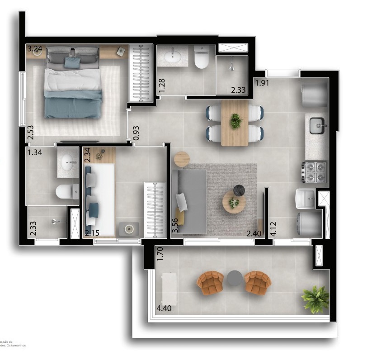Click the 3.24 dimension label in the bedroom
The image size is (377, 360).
pyautogui.click(x=34, y=49)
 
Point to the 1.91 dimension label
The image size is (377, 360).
pyautogui.click(x=262, y=83)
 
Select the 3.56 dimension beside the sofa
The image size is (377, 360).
pyautogui.click(x=175, y=225)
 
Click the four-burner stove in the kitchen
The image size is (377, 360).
pyautogui.click(x=314, y=172)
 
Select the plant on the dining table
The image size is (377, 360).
pyautogui.click(x=236, y=121)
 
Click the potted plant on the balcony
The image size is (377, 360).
pyautogui.click(x=316, y=298)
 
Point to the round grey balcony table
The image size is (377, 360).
pyautogui.click(x=235, y=278)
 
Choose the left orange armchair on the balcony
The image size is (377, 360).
pyautogui.click(x=210, y=283)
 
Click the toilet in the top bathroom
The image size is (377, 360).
pyautogui.click(x=201, y=58)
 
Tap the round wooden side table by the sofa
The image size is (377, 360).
pyautogui.click(x=182, y=159)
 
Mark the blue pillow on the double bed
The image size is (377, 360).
pyautogui.click(x=72, y=62)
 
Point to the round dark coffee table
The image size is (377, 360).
pyautogui.click(x=239, y=190)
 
